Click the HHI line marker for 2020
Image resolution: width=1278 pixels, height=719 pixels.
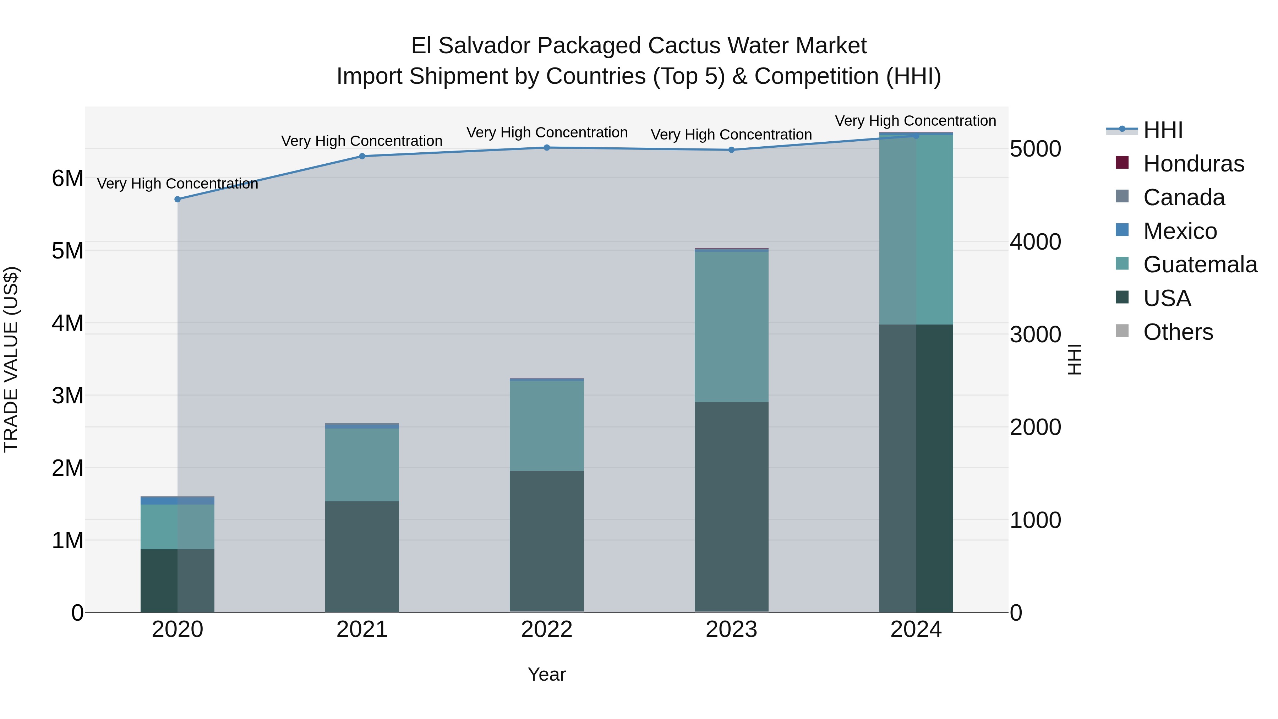[x=177, y=199]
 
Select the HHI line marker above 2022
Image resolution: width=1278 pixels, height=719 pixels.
[x=547, y=147]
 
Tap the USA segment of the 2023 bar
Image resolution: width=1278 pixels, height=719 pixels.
[x=731, y=506]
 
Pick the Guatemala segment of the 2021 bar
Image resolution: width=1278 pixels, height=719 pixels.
[x=362, y=464]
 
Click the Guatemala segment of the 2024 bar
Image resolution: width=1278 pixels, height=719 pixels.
[x=916, y=229]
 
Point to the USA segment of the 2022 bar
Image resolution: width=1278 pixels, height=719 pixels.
[x=547, y=541]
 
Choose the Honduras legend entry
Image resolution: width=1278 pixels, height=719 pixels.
[x=1194, y=164]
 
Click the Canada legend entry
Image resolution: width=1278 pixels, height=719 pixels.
[x=1184, y=197]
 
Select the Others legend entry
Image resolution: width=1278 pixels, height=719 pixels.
[x=1178, y=332]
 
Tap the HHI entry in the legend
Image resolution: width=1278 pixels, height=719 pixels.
[x=1163, y=130]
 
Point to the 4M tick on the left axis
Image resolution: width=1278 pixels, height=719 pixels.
[x=67, y=323]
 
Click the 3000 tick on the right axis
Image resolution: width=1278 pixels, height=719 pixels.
[x=1036, y=334]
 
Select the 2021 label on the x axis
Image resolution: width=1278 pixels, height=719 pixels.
[x=362, y=630]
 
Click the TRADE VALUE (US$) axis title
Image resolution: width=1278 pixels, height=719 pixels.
[x=11, y=359]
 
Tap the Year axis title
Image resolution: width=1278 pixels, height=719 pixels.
[x=547, y=674]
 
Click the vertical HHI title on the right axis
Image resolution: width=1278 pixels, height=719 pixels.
[x=1074, y=359]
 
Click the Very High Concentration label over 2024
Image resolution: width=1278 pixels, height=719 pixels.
[x=915, y=121]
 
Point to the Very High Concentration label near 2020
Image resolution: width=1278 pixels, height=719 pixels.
[x=177, y=184]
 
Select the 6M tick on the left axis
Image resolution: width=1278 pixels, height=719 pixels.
[x=67, y=178]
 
